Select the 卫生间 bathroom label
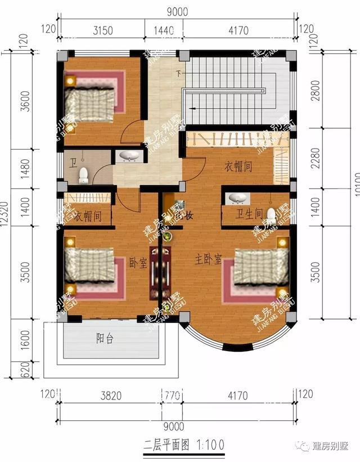[249, 214]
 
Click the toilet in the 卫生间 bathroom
[271, 215]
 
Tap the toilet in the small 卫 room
[84, 175]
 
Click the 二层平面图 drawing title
[161, 444]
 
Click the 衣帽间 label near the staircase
[238, 167]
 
